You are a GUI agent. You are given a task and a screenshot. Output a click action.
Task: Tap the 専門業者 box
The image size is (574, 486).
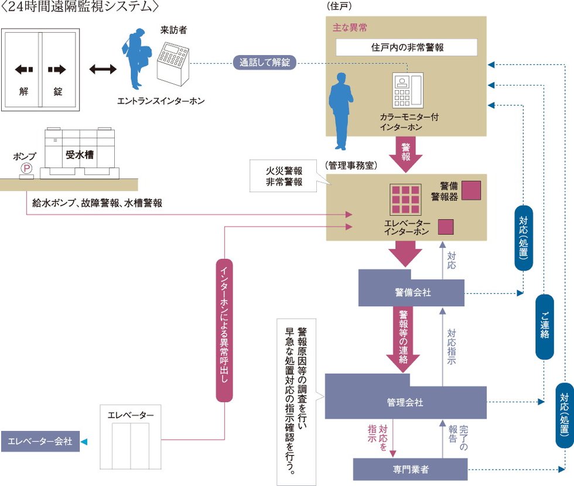tap(410, 470)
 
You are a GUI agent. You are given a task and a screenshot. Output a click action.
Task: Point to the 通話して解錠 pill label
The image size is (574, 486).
tap(265, 62)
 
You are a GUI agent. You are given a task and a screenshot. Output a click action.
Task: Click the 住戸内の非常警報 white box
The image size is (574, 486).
tap(406, 47)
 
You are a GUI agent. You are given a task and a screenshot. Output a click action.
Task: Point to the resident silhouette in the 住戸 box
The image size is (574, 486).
tap(339, 111)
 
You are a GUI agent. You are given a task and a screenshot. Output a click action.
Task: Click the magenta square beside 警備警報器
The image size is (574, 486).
tap(471, 190)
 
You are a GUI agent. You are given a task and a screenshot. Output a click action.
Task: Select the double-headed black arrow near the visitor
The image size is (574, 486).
tap(102, 69)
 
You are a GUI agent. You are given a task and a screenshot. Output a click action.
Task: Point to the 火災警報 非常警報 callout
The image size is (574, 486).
tap(285, 176)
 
